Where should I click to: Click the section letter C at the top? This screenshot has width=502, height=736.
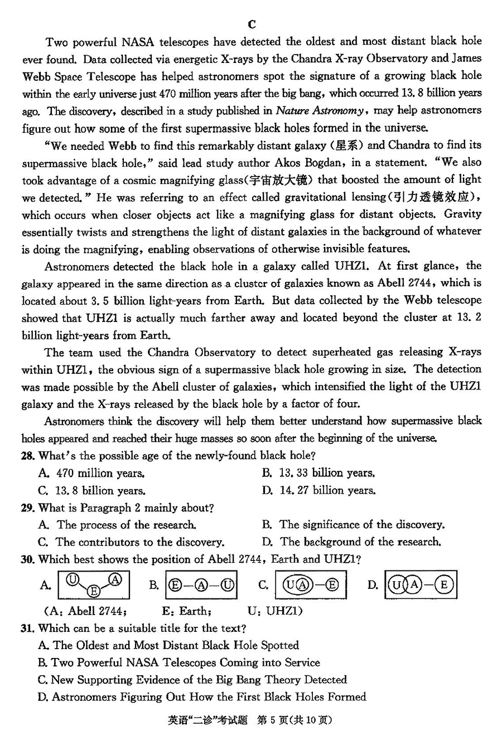tap(252, 24)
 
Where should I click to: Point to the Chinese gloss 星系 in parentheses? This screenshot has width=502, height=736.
tap(347, 145)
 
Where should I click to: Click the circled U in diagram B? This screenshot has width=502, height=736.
tap(227, 585)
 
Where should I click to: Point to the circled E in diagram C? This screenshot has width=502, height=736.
tap(332, 584)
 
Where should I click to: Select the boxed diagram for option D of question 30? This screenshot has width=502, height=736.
tap(421, 584)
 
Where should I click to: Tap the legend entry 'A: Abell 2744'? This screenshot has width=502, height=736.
tap(85, 611)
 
